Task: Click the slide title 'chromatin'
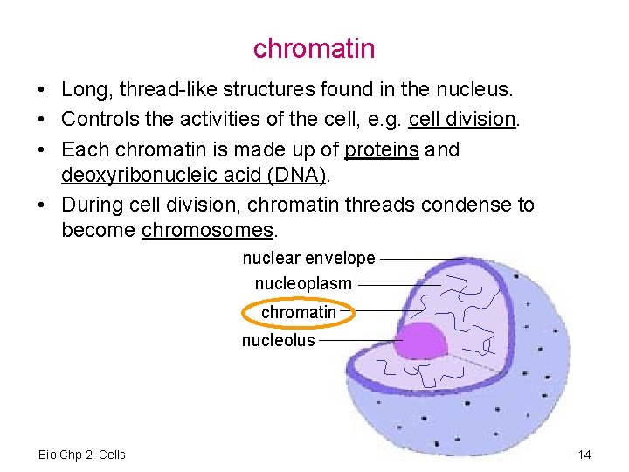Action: coord(314,48)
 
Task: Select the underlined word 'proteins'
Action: coord(382,149)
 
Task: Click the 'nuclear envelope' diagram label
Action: coord(308,259)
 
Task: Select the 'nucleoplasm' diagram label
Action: coord(303,284)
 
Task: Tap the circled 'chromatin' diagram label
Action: coord(298,312)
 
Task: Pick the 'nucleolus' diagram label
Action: coord(278,340)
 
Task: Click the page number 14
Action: coord(584,455)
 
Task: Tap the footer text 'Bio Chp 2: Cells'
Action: coord(82,455)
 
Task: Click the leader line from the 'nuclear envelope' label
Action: coord(419,259)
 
